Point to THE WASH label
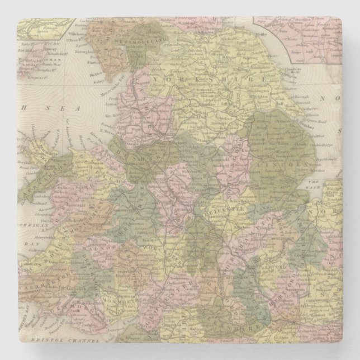pos(315,186)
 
